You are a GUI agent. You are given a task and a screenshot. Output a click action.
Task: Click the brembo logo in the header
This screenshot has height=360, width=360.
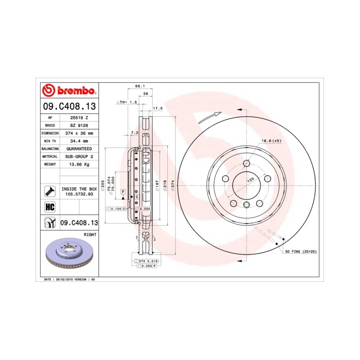click(68, 91)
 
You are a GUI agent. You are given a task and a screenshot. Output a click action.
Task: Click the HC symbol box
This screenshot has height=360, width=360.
click(50, 206)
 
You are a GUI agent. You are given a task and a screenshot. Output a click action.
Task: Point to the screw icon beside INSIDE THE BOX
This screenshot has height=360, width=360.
click(50, 191)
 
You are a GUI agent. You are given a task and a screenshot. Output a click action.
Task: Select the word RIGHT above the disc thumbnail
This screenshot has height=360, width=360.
click(90, 234)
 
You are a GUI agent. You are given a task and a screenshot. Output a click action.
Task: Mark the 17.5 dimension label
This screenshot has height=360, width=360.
click(158, 109)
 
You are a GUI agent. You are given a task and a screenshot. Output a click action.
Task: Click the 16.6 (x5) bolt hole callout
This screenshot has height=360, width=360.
click(271, 140)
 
